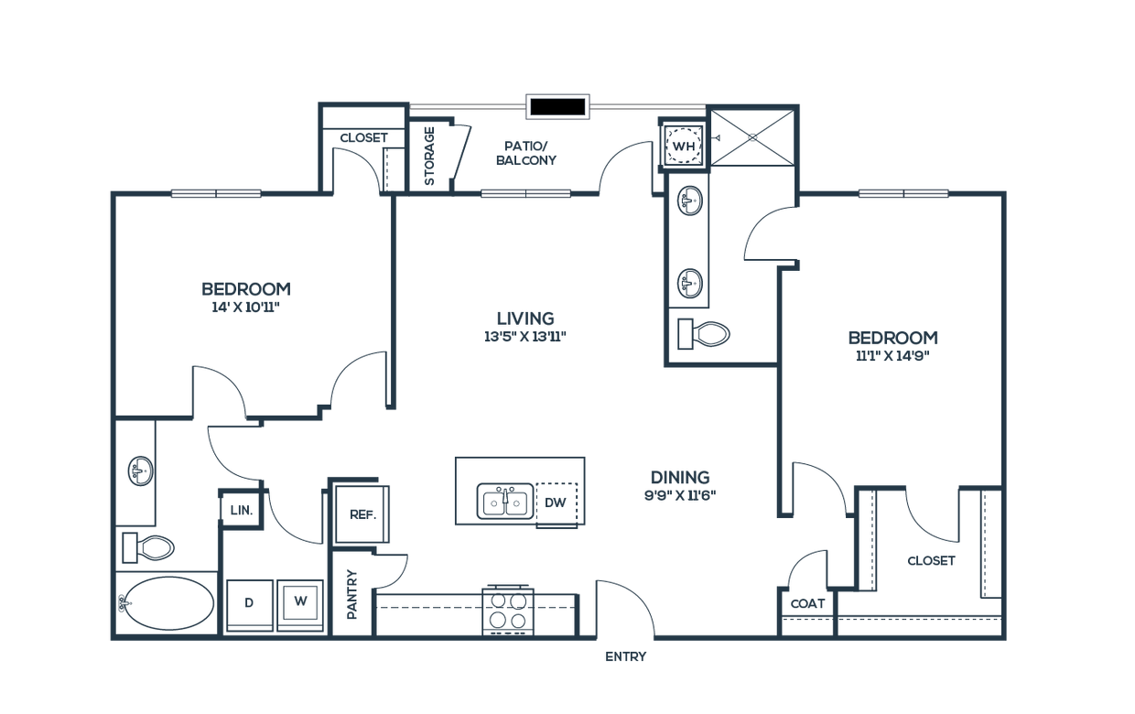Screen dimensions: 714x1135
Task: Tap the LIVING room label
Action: coord(525,319)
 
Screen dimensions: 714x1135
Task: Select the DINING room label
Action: coord(678,478)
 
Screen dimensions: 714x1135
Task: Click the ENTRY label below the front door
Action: coord(626,656)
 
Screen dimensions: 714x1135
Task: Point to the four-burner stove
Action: coord(508,608)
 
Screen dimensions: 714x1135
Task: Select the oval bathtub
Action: coord(167,604)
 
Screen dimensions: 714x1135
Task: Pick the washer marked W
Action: coord(299,602)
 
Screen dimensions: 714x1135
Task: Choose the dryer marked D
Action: coord(249,602)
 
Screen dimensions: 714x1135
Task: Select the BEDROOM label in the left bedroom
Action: coord(246,289)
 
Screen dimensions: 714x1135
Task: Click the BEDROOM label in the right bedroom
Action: coord(892,338)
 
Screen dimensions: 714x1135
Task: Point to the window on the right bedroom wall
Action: coord(903,193)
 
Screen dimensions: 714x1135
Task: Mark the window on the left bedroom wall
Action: coord(217,193)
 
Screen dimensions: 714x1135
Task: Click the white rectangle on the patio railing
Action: coord(557,107)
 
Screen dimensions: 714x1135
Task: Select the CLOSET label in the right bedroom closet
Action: coord(932,560)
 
